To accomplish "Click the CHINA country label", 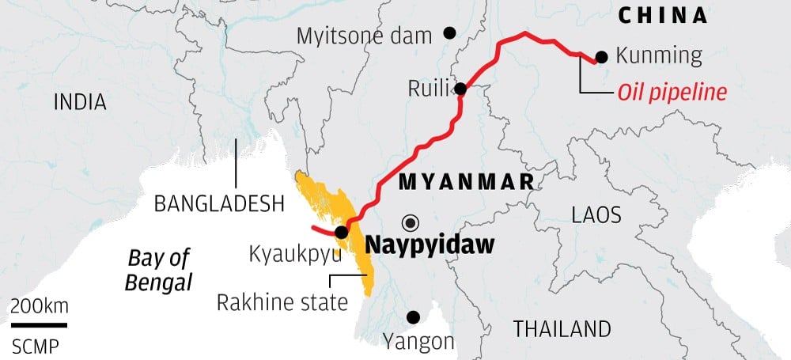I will (662, 15).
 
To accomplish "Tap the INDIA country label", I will (80, 102).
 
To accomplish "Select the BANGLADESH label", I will (219, 203).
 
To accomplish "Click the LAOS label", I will (596, 215).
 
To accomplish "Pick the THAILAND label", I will (562, 328).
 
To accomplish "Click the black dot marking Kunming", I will (601, 56).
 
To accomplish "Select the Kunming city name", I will (658, 56).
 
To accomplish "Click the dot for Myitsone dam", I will (449, 33).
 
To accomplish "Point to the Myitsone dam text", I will (365, 36).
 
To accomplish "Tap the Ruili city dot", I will (460, 89).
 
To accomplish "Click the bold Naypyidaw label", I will (429, 244).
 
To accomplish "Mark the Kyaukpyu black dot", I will (341, 232).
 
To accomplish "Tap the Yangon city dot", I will (412, 317).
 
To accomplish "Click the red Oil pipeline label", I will (671, 93).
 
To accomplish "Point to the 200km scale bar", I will (39, 324).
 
